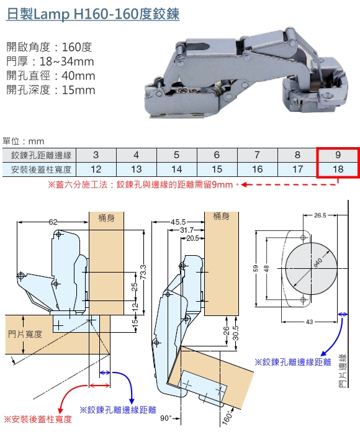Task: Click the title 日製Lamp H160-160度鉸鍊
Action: click(92, 14)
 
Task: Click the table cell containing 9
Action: click(338, 155)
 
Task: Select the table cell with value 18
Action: click(338, 169)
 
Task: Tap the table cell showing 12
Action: click(96, 169)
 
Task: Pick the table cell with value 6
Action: click(217, 155)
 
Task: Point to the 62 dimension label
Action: click(53, 222)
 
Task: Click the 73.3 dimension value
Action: click(143, 272)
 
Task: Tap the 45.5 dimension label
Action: click(178, 222)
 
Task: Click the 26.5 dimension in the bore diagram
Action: click(320, 215)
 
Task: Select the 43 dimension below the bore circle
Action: click(309, 322)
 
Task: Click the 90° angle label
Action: click(166, 418)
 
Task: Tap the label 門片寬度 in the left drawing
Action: click(25, 334)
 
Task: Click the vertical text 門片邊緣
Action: click(343, 371)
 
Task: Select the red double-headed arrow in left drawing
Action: click(99, 386)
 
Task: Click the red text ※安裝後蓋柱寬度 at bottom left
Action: click(38, 419)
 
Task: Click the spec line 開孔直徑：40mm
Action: click(51, 76)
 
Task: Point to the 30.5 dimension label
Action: click(236, 333)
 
